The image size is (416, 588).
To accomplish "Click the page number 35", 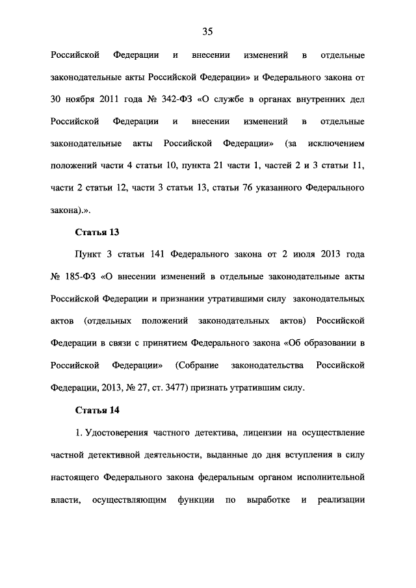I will (208, 31).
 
